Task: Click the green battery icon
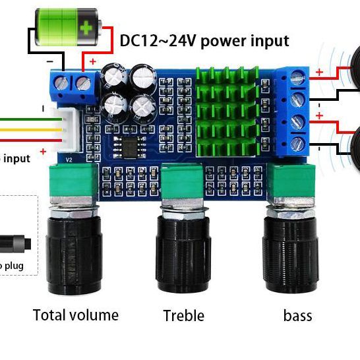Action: pos(66,27)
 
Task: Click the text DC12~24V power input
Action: pos(204,41)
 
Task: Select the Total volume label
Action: pos(75,315)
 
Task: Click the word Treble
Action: pos(184,316)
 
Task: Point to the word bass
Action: pos(297,316)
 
